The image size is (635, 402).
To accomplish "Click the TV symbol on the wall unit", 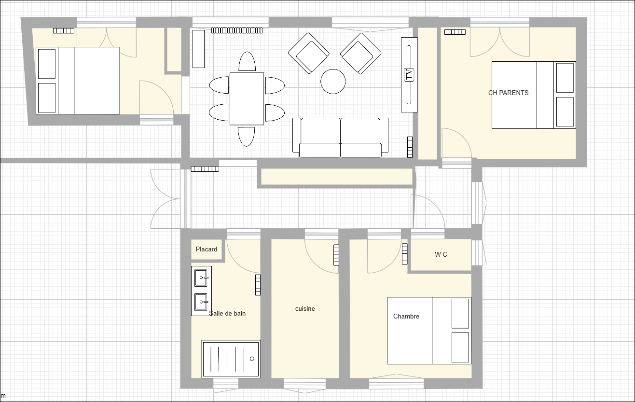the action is (x=409, y=75).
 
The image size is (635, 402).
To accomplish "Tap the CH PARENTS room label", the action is (x=508, y=93).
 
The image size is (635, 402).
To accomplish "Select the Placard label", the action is (x=207, y=249).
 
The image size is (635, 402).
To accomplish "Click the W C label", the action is (x=441, y=255).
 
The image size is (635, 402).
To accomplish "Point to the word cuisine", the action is (x=305, y=308).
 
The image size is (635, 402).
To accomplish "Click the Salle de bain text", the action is (x=227, y=313).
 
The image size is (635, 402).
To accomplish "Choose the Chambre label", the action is (x=406, y=316).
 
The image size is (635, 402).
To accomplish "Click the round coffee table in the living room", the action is (x=333, y=82).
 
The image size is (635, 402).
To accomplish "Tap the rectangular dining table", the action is (x=247, y=98).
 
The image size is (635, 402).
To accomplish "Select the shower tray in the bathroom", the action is (x=231, y=359).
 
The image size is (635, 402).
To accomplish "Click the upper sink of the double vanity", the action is (x=201, y=278).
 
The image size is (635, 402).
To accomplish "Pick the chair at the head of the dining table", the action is (x=247, y=61).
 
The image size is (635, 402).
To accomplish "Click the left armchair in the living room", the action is (x=309, y=53).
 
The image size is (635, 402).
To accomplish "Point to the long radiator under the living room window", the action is (x=237, y=30).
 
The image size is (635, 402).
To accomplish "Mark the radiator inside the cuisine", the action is (x=336, y=255).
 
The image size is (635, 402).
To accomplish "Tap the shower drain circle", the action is (x=252, y=359).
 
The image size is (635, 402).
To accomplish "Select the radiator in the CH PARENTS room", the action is (x=455, y=32).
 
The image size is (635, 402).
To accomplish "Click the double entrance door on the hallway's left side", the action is (x=166, y=199).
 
